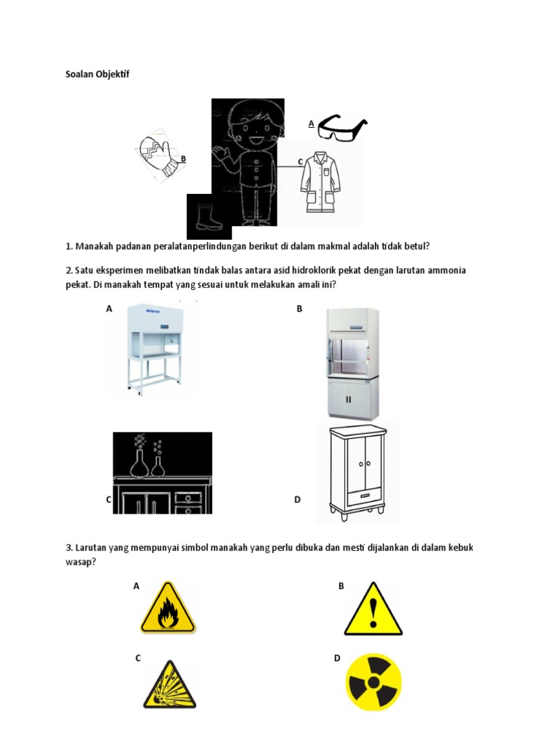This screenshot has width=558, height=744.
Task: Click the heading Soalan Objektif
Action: [97, 74]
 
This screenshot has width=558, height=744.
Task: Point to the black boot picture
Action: [208, 217]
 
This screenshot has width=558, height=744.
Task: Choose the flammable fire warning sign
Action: [168, 608]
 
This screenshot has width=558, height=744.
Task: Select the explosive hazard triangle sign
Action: [169, 685]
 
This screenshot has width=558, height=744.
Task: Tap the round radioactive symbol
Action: [373, 684]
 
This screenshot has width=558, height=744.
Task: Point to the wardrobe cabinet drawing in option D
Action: [357, 472]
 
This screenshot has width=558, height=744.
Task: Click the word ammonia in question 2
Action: [443, 270]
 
